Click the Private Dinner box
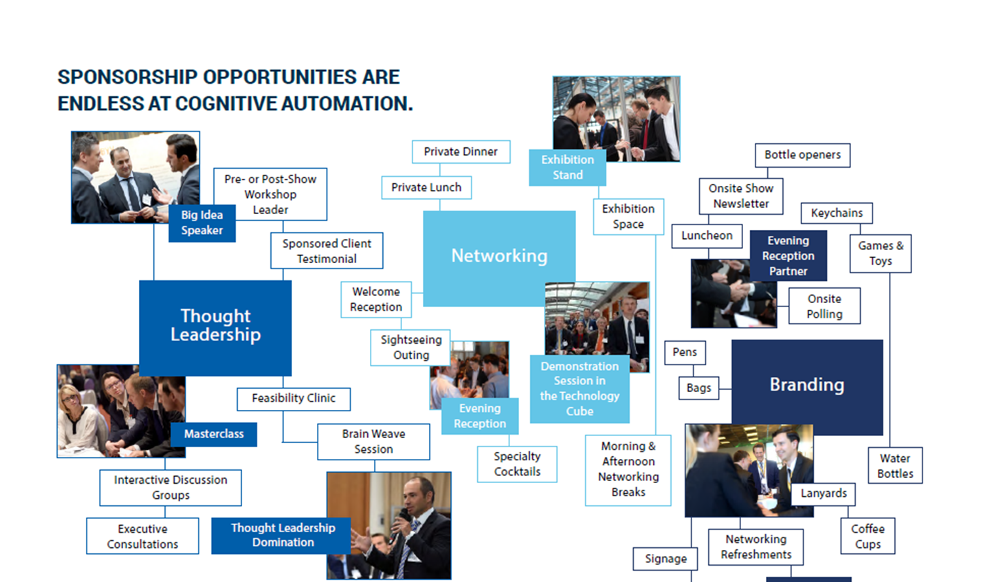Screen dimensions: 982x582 pyautogui.click(x=461, y=152)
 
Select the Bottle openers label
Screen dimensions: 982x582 pyautogui.click(x=803, y=155)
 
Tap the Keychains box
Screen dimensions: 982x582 pyautogui.click(x=837, y=213)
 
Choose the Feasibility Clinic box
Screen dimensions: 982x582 pyautogui.click(x=294, y=399)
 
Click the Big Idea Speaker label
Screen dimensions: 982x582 pyautogui.click(x=202, y=223)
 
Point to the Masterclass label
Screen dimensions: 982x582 pyautogui.click(x=214, y=434)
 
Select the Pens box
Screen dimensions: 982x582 pyautogui.click(x=685, y=352)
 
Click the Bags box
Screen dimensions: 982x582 pyautogui.click(x=699, y=388)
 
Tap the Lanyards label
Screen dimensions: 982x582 pyautogui.click(x=824, y=494)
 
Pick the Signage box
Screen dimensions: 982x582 pyautogui.click(x=666, y=559)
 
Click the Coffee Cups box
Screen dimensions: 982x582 pyautogui.click(x=868, y=536)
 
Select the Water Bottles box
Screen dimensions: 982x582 pyautogui.click(x=895, y=465)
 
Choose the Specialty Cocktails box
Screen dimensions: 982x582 pyautogui.click(x=517, y=464)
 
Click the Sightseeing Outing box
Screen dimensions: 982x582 pyautogui.click(x=410, y=348)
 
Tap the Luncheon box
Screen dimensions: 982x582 pyautogui.click(x=707, y=236)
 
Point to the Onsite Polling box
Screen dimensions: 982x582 pyautogui.click(x=825, y=306)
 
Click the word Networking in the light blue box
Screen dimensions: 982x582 pyautogui.click(x=500, y=256)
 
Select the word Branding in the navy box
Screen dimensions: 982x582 pyautogui.click(x=807, y=385)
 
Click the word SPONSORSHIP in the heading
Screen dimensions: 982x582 pyautogui.click(x=128, y=77)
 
